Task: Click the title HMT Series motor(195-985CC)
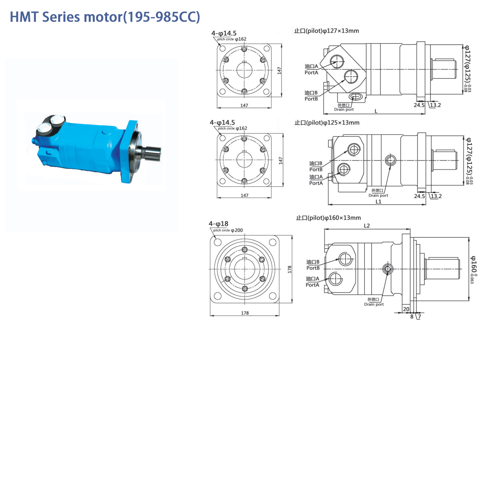click(x=105, y=17)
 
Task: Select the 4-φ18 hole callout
click(x=219, y=224)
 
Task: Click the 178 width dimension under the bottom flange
click(x=245, y=313)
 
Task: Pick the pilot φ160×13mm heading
click(x=328, y=218)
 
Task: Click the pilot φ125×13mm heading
click(x=327, y=123)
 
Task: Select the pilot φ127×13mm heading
click(x=326, y=31)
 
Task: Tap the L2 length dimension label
click(x=367, y=226)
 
